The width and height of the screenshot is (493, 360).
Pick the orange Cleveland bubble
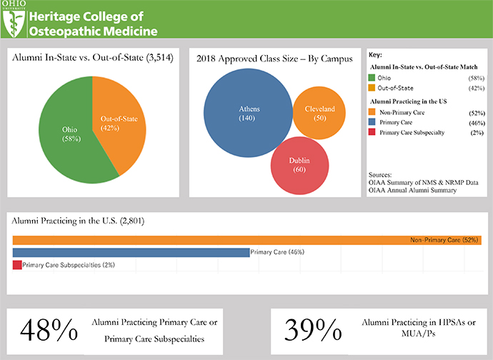point(319,114)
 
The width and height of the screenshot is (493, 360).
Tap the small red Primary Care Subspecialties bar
point(17,265)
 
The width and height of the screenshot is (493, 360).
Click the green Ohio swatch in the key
point(372,76)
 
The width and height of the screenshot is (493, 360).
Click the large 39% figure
point(312,329)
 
